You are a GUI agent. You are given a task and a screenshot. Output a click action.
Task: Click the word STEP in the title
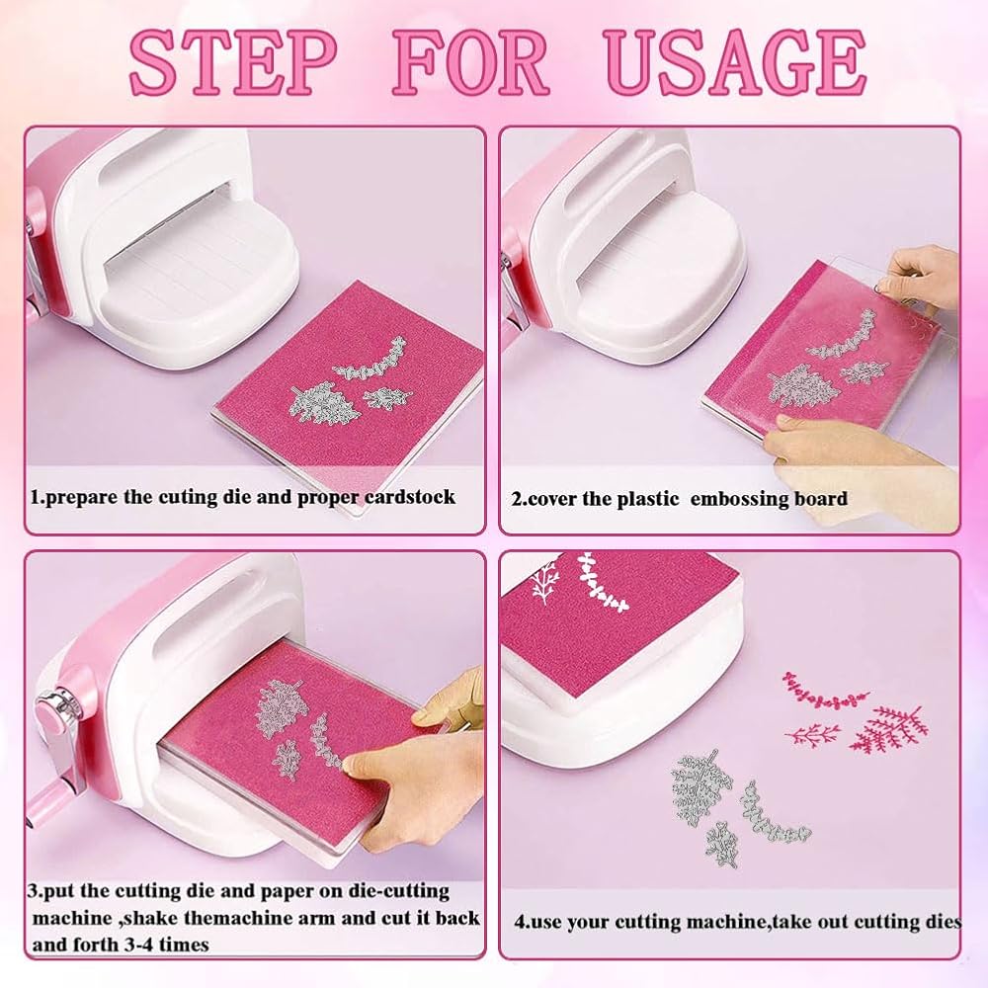pyautogui.click(x=233, y=63)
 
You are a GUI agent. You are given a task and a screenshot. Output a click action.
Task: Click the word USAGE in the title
pyautogui.click(x=735, y=63)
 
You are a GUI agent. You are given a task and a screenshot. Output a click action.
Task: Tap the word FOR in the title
pyautogui.click(x=473, y=63)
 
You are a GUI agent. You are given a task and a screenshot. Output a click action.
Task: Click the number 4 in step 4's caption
pyautogui.click(x=520, y=923)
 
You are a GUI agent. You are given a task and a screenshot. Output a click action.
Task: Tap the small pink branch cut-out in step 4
pyautogui.click(x=813, y=733)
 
